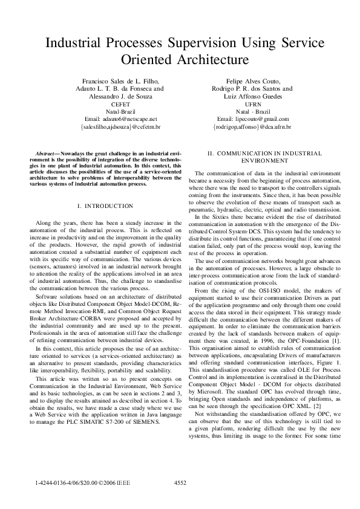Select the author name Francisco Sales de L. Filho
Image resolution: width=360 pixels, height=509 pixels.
[x=122, y=80]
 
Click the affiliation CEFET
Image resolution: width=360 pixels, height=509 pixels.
[x=122, y=104]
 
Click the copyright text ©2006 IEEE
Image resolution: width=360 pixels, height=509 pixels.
[x=115, y=484]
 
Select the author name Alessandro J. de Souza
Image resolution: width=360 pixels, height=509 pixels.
[x=122, y=96]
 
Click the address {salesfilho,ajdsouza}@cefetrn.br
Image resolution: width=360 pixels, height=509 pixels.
[x=122, y=127]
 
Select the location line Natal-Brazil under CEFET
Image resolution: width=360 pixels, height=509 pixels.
[x=122, y=112]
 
